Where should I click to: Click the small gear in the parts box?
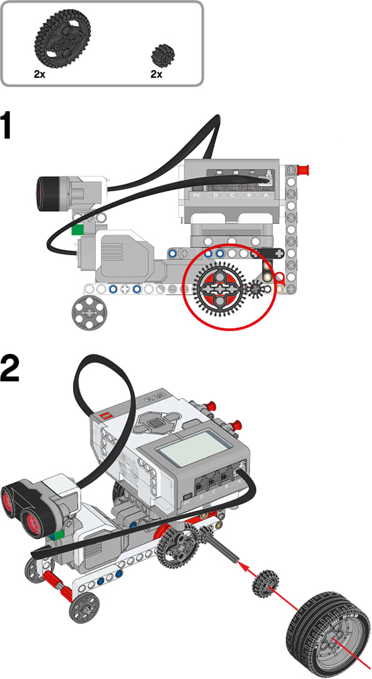tap(163, 56)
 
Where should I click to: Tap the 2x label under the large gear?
tap(39, 74)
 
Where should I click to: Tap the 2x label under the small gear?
tap(156, 74)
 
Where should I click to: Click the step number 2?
tap(10, 368)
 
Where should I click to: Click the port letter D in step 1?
tap(216, 195)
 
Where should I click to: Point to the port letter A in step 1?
tap(266, 195)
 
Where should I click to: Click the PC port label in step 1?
tap(197, 195)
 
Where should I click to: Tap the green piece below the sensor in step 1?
tap(77, 230)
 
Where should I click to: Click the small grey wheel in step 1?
tap(89, 313)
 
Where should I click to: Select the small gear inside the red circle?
tap(255, 289)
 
